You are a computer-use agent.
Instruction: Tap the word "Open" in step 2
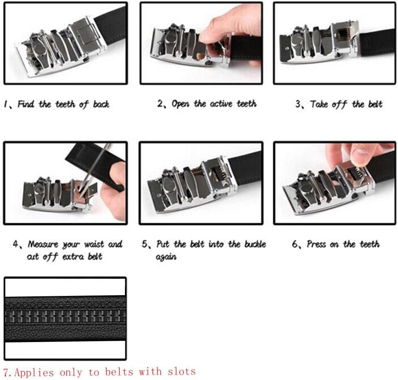coord(180,104)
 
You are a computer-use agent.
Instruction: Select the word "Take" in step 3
coord(319,104)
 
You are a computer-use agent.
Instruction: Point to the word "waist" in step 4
coord(94,244)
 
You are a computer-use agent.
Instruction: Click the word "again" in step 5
coord(166,258)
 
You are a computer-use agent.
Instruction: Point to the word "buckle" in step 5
coord(254,244)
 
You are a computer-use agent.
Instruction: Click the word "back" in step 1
coord(101,104)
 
